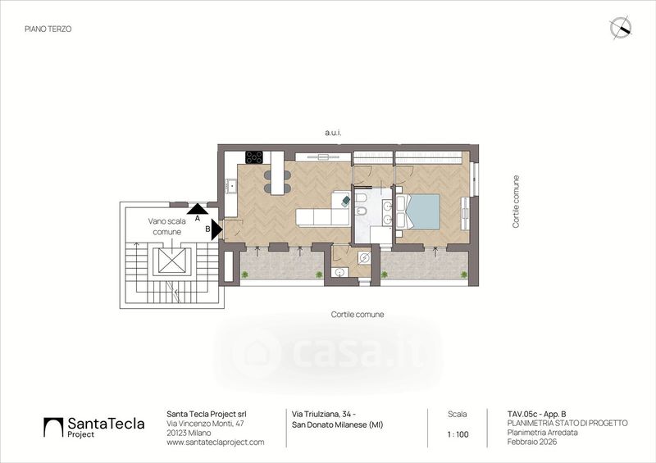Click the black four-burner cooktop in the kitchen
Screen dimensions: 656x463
click(x=254, y=157)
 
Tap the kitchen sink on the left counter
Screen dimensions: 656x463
click(x=230, y=186)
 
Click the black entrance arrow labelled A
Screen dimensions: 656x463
click(x=198, y=209)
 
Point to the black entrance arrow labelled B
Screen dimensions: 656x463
click(x=216, y=229)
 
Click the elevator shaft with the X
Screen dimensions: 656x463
click(x=171, y=261)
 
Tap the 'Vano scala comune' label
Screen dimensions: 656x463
click(x=167, y=226)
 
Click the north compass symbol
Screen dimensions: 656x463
click(x=621, y=28)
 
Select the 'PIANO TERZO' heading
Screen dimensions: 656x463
click(x=48, y=29)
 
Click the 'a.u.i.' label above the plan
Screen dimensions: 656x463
click(x=333, y=133)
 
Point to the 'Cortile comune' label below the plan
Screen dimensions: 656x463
click(x=358, y=314)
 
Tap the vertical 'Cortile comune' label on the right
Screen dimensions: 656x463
click(x=516, y=202)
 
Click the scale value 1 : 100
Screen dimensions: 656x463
click(x=458, y=434)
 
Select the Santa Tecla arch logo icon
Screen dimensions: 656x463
click(x=53, y=427)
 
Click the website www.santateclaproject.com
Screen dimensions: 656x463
click(x=216, y=442)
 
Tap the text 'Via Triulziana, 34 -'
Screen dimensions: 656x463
click(x=324, y=414)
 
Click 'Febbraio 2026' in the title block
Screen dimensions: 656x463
click(x=532, y=442)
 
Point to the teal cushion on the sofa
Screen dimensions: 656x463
click(x=345, y=201)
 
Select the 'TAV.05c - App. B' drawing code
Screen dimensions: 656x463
click(x=537, y=414)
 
